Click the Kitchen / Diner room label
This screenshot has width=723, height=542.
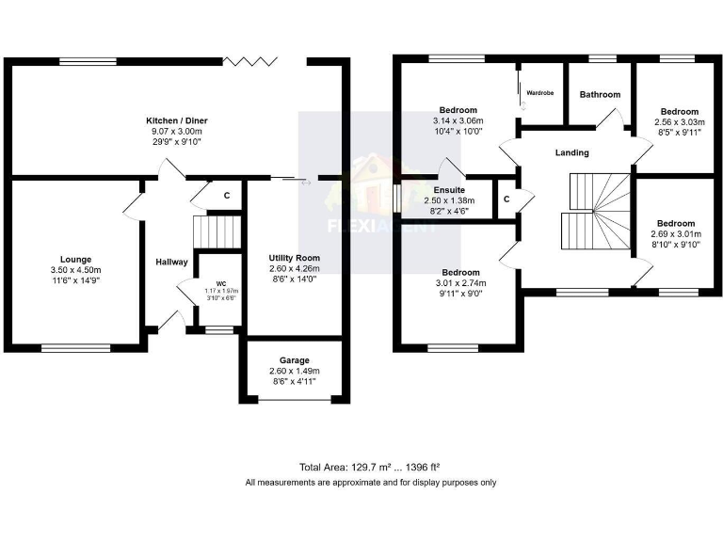pos(176,121)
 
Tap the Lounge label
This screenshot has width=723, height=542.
pos(75,259)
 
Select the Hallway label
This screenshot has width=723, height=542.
pos(171,262)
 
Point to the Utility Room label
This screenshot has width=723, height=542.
pos(294,258)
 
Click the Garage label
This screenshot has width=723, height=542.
pos(294,360)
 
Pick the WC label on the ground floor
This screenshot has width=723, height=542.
pos(221,283)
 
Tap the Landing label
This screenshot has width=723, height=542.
pos(571,152)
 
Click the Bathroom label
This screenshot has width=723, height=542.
pos(600,94)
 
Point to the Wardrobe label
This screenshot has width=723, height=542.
pos(539,93)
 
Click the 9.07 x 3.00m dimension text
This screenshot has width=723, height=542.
pos(176,132)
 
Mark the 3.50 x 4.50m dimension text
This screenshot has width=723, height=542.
pos(75,270)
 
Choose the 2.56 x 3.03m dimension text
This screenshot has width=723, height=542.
pos(679,121)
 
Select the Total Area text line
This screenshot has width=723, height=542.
pos(370,467)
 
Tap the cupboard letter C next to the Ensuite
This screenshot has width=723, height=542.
pos(506,199)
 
